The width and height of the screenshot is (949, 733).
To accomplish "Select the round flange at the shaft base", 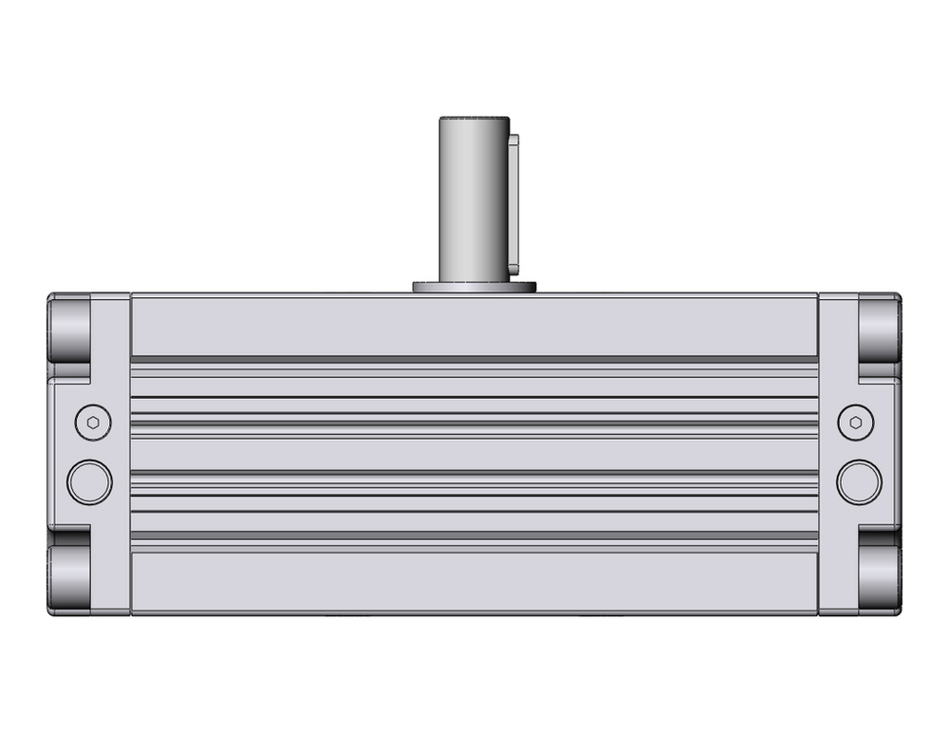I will click(474, 286).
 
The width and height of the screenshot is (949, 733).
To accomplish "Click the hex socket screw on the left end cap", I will click(92, 421).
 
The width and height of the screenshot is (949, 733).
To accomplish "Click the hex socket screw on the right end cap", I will click(857, 421).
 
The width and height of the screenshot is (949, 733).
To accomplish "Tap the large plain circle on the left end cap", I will click(90, 480).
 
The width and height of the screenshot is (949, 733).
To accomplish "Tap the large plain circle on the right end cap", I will click(859, 480).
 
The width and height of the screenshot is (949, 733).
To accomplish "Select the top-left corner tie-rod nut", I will click(70, 328).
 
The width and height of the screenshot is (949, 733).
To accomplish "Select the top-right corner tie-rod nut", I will click(879, 328).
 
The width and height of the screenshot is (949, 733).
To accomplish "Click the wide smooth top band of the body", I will click(474, 325).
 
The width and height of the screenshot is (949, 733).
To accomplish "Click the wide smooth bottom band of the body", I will click(474, 581).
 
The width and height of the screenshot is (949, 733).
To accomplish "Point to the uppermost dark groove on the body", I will click(474, 360).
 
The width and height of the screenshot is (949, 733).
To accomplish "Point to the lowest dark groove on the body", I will click(474, 536).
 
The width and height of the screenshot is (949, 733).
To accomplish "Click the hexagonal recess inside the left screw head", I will click(92, 421).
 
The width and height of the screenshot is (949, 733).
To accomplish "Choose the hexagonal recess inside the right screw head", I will click(857, 421).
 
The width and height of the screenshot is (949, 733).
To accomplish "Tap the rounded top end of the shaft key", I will click(515, 139).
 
